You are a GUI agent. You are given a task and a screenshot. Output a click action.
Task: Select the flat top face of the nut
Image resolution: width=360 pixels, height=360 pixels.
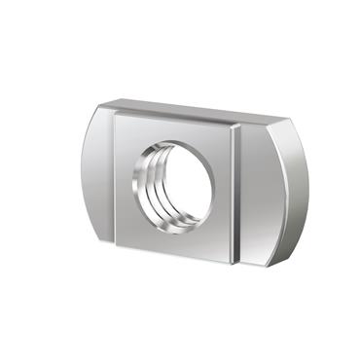[195, 109]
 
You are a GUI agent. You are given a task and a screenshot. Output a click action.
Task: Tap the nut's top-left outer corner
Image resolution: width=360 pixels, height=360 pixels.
[102, 105]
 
